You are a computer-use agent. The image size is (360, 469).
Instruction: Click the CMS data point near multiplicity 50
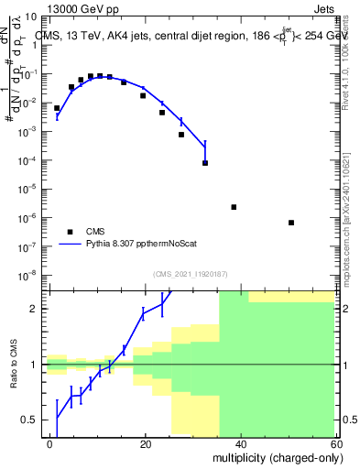[290, 223]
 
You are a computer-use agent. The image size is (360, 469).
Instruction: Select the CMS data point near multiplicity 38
[234, 207]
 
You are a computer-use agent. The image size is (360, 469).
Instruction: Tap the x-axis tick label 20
[145, 443]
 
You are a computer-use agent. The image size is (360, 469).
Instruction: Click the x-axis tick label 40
[241, 443]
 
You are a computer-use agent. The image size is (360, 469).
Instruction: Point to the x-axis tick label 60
[335, 443]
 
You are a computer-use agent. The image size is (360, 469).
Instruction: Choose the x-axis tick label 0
[49, 443]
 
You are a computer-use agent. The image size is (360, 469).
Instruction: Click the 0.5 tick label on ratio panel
[31, 420]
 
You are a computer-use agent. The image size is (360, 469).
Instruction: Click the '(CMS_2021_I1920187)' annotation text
[191, 274]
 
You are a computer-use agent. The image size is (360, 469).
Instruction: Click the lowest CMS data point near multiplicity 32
[204, 163]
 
